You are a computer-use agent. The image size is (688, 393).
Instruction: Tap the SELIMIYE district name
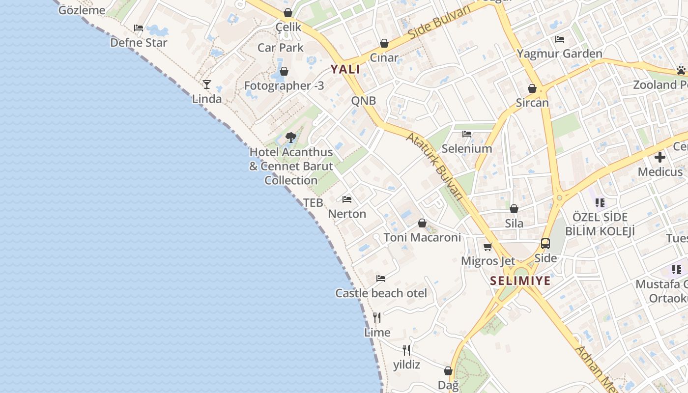pyautogui.click(x=520, y=281)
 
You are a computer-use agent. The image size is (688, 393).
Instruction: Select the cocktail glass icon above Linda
pyautogui.click(x=207, y=84)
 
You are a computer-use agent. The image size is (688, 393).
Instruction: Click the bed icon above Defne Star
pyautogui.click(x=139, y=28)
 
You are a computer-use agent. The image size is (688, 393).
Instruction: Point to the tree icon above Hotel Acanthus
pyautogui.click(x=290, y=137)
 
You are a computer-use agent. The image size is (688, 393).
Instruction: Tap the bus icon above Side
pyautogui.click(x=545, y=243)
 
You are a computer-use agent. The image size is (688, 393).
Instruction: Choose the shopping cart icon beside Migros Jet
pyautogui.click(x=488, y=247)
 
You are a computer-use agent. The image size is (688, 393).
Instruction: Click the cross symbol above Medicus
pyautogui.click(x=660, y=157)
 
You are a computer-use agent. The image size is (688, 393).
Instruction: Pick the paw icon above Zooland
pyautogui.click(x=681, y=70)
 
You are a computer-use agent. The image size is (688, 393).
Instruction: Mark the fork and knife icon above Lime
pyautogui.click(x=377, y=318)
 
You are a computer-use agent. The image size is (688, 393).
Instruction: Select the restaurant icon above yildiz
pyautogui.click(x=406, y=350)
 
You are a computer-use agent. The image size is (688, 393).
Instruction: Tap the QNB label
pyautogui.click(x=364, y=101)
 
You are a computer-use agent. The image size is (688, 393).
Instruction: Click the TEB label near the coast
pyautogui.click(x=313, y=202)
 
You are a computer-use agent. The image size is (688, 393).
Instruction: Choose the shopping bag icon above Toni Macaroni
pyautogui.click(x=422, y=223)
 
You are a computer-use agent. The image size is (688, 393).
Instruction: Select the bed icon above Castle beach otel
pyautogui.click(x=381, y=279)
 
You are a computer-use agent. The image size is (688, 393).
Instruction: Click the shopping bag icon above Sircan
pyautogui.click(x=532, y=88)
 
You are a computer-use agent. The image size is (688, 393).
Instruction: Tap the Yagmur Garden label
pyautogui.click(x=559, y=54)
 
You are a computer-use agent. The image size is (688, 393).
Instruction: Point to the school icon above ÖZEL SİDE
pyautogui.click(x=600, y=202)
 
